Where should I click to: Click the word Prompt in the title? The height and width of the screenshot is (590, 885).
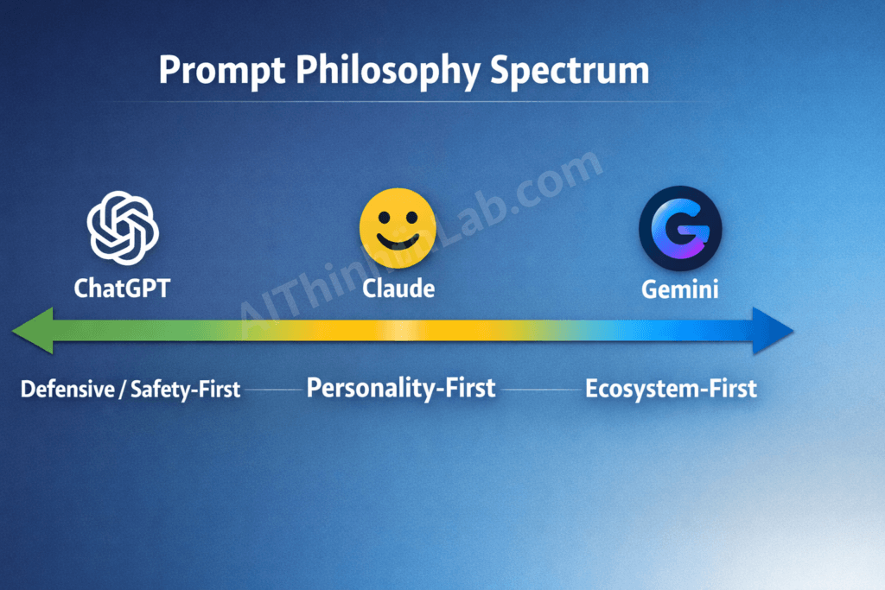tap(220, 70)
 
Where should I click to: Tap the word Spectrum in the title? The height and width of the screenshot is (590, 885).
tap(570, 70)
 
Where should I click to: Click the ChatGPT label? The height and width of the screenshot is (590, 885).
tap(122, 288)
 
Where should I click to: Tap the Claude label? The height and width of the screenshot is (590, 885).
tap(398, 288)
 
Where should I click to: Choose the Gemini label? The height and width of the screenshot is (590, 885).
tap(680, 289)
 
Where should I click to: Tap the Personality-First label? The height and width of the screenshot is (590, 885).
tap(401, 388)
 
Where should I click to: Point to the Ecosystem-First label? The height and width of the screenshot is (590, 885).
tap(671, 389)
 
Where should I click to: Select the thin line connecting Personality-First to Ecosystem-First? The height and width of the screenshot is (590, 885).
tap(541, 390)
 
